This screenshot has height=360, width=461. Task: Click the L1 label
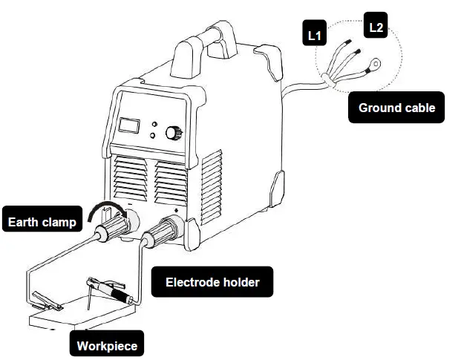(x=314, y=35)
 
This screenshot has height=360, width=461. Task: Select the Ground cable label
(x=396, y=108)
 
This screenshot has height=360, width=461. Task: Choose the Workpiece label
(x=108, y=345)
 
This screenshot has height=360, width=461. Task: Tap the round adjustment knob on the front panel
(x=173, y=133)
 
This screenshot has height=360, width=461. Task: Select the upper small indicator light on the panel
(x=153, y=125)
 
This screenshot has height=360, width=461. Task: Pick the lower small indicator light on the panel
(x=151, y=136)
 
